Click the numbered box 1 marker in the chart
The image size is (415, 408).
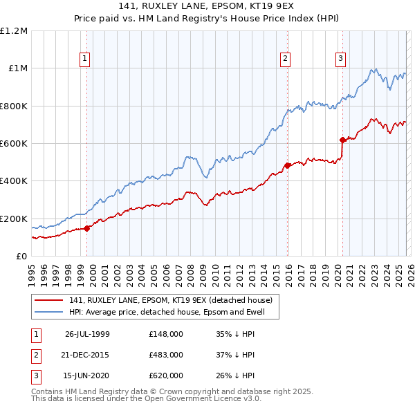(84, 59)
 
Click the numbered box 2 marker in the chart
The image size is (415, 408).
(285, 59)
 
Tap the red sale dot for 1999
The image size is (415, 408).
(87, 228)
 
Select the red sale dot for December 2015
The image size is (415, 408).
(287, 165)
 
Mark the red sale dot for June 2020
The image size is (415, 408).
(342, 140)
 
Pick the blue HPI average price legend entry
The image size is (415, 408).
(173, 312)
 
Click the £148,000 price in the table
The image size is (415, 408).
(165, 333)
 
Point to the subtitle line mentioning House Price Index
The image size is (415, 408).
(207, 20)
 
